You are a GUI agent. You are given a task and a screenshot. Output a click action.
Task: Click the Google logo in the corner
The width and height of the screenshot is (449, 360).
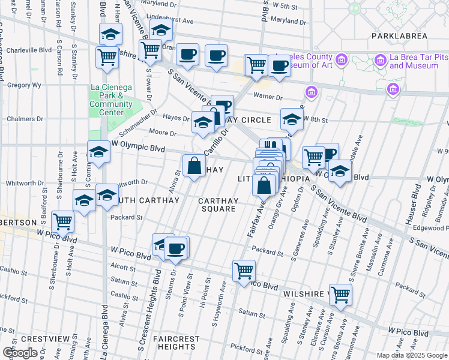20,353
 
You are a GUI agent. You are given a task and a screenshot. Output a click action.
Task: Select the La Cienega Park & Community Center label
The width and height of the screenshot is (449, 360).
111,100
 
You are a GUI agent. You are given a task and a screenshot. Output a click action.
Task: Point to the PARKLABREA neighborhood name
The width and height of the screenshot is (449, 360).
399,36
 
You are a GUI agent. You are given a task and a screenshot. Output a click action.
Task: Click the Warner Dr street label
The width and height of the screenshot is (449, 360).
267,96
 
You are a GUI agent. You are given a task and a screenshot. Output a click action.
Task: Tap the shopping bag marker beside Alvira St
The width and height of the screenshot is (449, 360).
194,166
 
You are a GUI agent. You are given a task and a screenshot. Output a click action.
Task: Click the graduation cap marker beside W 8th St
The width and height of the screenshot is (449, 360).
291,119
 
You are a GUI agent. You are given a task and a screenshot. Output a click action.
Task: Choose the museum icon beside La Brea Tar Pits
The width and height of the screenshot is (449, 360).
379,61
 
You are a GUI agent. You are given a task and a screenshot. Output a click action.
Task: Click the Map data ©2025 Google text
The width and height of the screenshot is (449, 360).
411,355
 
